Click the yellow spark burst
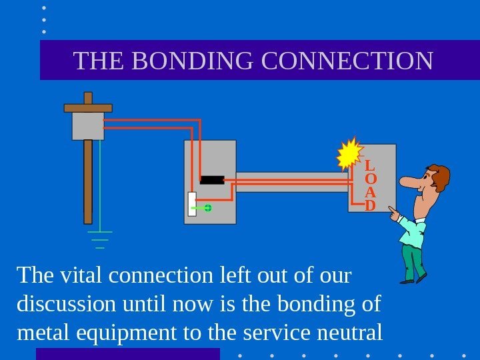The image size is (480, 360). tap(349, 155)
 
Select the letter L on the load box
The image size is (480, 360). tap(371, 165)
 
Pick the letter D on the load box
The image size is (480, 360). tap(371, 205)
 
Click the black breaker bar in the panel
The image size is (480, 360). tap(212, 179)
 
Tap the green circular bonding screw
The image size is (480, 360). tap(208, 208)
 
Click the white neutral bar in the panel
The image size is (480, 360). tap(192, 208)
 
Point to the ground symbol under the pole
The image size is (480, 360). tap(100, 239)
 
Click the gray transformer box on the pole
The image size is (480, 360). tap(88, 126)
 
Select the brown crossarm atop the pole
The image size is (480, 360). tap(88, 108)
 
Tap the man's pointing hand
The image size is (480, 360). tap(394, 213)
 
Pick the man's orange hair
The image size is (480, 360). tap(441, 175)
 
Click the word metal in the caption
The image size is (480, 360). tap(41, 331)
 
